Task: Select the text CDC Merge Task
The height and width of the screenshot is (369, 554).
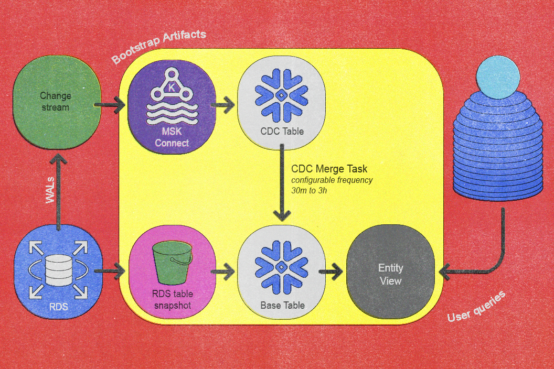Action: point(329,169)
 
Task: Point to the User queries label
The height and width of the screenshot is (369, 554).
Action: point(476,307)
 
